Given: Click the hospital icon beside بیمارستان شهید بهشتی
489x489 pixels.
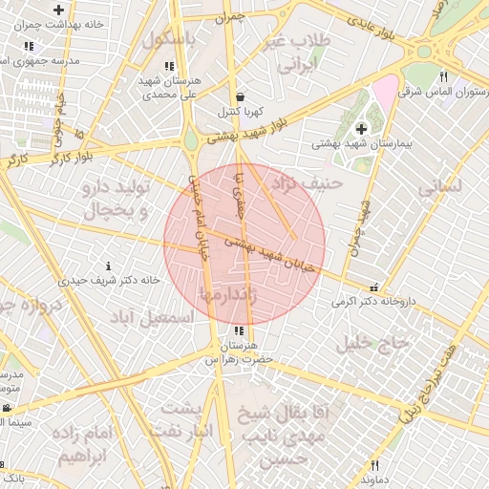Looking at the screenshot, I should (361, 128).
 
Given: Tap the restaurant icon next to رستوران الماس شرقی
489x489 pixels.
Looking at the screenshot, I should (443, 77).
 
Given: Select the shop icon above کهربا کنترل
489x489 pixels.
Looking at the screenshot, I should (239, 96).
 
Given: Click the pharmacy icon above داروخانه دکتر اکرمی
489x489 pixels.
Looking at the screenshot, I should (373, 287).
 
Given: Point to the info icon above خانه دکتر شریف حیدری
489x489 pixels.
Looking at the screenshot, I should (108, 266).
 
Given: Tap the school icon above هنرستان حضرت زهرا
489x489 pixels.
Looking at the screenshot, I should (239, 330).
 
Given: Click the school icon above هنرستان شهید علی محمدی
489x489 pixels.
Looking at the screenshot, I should (169, 67).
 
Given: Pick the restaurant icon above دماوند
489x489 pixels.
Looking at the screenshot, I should (374, 465).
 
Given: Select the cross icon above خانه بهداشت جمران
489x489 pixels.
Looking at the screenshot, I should (59, 10).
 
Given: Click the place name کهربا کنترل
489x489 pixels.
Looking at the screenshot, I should (239, 112).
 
